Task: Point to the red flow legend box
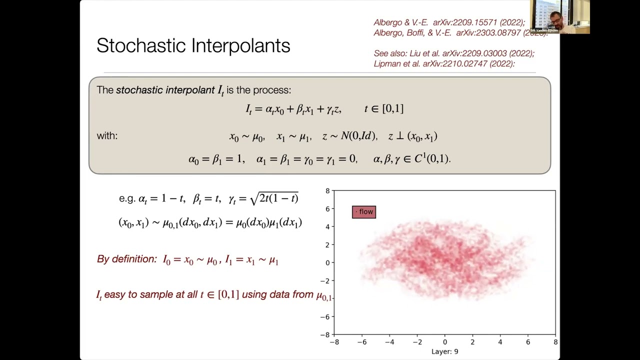pos(364,211)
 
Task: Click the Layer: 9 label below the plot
pos(444,351)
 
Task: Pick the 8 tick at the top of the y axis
pos(327,191)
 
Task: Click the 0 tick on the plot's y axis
pos(327,262)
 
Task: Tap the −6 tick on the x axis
pos(362,342)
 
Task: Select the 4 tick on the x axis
pos(500,342)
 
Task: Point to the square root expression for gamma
pos(274,198)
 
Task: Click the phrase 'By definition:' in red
pos(127,259)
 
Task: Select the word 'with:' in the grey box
pos(107,135)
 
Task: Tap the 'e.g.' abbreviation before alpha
pos(127,198)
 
